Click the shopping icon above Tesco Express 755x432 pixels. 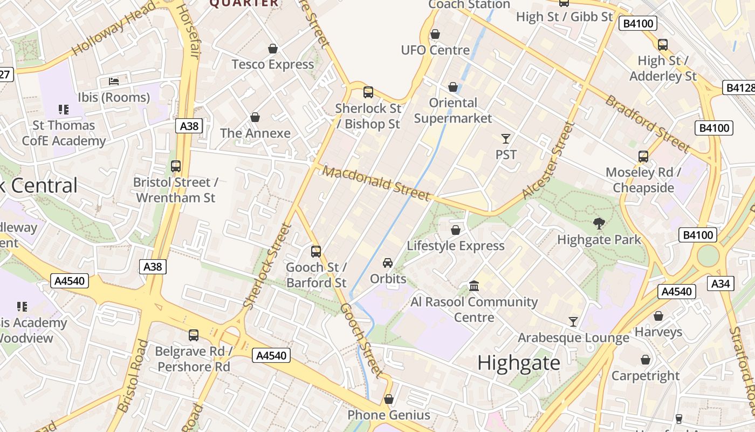pyautogui.click(x=273, y=49)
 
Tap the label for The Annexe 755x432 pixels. pyautogui.click(x=255, y=133)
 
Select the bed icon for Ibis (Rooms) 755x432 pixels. pyautogui.click(x=114, y=82)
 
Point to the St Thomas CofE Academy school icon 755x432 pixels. pyautogui.click(x=64, y=110)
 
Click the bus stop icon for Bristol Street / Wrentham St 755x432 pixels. pyautogui.click(x=176, y=166)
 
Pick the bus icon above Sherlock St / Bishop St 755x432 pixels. pyautogui.click(x=368, y=92)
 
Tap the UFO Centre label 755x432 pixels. pyautogui.click(x=435, y=50)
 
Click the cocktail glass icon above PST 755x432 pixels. pyautogui.click(x=505, y=139)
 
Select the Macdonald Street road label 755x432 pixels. pyautogui.click(x=376, y=184)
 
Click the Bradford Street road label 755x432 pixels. pyautogui.click(x=647, y=124)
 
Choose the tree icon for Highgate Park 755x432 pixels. pyautogui.click(x=599, y=224)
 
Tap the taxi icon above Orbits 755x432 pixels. pyautogui.click(x=388, y=263)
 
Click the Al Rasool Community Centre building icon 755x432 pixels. pyautogui.click(x=474, y=286)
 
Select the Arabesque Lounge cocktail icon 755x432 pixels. pyautogui.click(x=573, y=322)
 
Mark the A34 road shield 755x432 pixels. pyautogui.click(x=720, y=283)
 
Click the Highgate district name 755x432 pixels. pyautogui.click(x=519, y=363)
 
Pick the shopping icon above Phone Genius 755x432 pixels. pyautogui.click(x=389, y=400)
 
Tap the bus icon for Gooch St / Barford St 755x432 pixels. pyautogui.click(x=316, y=251)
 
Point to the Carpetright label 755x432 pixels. pyautogui.click(x=645, y=375)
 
